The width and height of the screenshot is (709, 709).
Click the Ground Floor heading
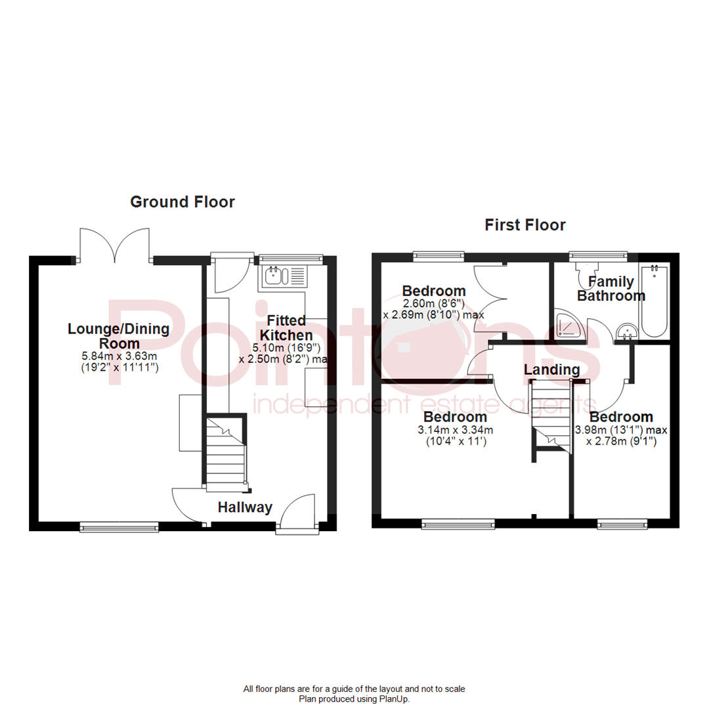point(183,202)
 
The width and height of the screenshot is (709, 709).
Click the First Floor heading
point(525,225)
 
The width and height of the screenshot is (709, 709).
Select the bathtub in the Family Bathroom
point(655,301)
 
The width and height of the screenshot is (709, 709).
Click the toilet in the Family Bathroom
point(585,276)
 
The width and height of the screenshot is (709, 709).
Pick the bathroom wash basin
point(628,332)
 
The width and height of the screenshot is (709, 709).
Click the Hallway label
point(245,507)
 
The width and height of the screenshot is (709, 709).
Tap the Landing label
point(551,370)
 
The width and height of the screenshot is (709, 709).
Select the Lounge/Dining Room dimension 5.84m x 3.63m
point(119,356)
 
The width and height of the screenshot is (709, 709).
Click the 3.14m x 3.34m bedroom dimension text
point(456,429)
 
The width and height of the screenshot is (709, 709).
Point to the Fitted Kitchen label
point(286,328)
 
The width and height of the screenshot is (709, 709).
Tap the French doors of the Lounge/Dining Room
point(115,245)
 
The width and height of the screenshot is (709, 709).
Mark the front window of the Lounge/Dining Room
point(119,526)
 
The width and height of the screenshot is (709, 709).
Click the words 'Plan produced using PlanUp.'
point(354,699)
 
